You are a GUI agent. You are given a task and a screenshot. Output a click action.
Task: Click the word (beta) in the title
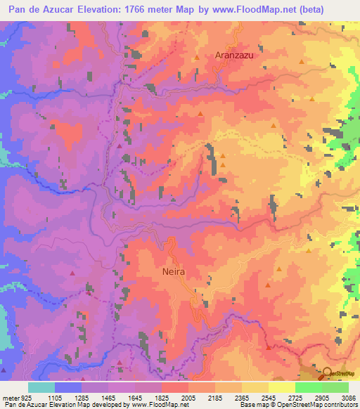pyautogui.click(x=333, y=10)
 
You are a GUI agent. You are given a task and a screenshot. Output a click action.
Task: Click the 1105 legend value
pyautogui.click(x=54, y=397)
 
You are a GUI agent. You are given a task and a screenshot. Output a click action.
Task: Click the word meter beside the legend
pyautogui.click(x=10, y=397)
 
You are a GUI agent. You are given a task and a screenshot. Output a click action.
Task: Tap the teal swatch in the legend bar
pyautogui.click(x=41, y=387)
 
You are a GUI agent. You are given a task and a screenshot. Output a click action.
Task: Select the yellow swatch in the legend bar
pyautogui.click(x=282, y=387)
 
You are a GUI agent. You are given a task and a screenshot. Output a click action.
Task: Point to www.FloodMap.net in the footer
pyautogui.click(x=160, y=405)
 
